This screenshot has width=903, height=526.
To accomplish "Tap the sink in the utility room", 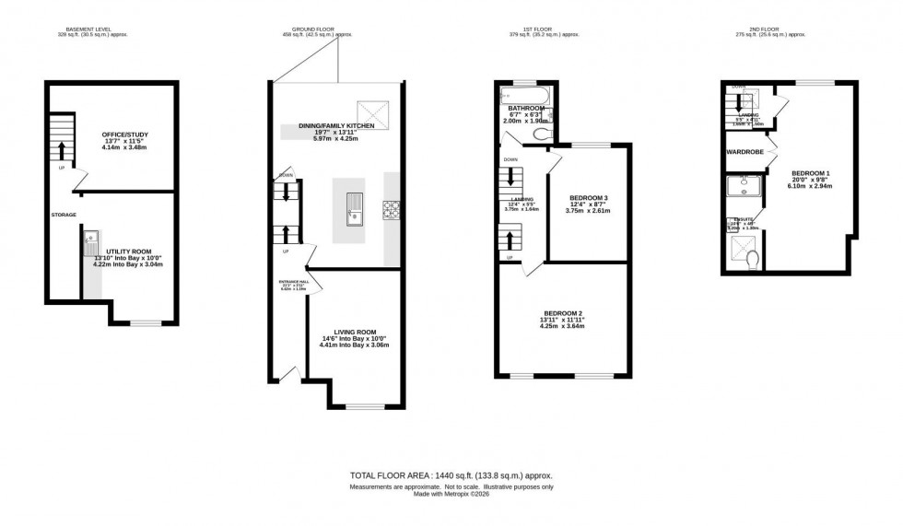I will pos(90,248).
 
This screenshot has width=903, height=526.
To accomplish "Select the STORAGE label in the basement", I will pos(64,215).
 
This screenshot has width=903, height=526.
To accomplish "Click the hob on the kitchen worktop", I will pos(391,210).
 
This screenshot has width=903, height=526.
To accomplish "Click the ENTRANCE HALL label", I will pos(292,283).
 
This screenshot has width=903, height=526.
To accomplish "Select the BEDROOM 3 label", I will pos(588,199).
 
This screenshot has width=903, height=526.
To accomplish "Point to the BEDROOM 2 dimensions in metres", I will pos(564,326).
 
